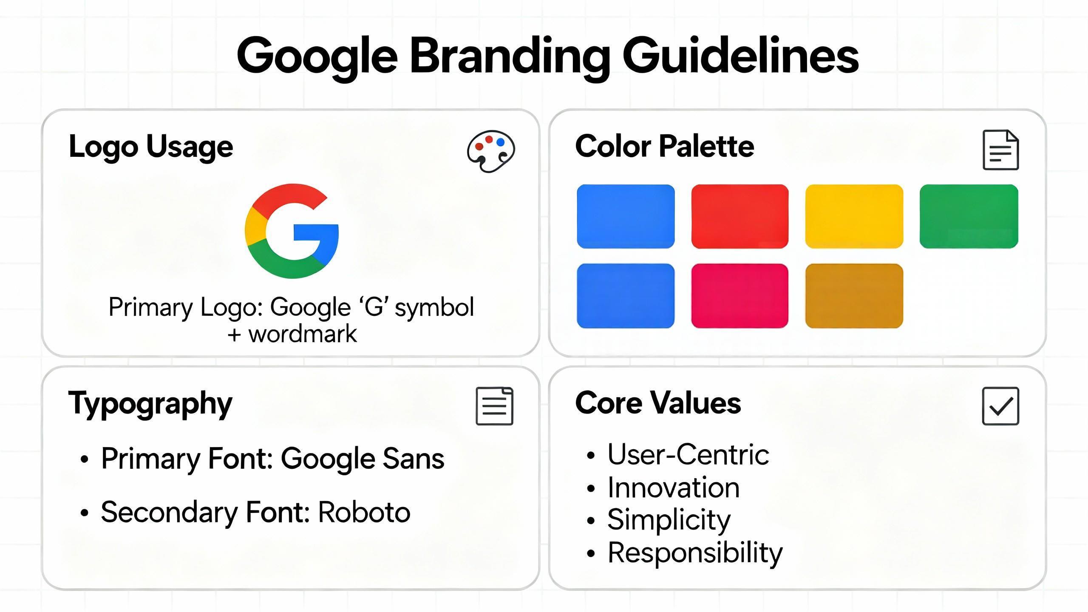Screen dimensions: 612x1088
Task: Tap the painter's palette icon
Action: (x=491, y=151)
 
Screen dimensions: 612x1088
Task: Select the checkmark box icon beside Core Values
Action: (x=1000, y=406)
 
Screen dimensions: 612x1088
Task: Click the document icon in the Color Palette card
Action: (x=1000, y=150)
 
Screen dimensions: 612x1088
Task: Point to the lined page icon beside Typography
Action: (x=494, y=406)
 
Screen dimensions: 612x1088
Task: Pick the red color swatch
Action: (x=739, y=216)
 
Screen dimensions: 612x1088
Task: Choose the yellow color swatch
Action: (x=854, y=216)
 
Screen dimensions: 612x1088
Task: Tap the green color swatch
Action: (x=969, y=216)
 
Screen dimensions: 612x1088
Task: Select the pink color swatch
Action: (x=739, y=296)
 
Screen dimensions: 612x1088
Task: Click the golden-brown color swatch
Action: (x=854, y=296)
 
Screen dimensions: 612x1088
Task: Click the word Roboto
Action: (x=364, y=512)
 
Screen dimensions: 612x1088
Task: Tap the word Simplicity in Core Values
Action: (x=669, y=520)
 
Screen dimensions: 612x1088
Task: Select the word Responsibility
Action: (x=695, y=553)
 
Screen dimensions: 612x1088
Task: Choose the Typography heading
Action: (x=150, y=403)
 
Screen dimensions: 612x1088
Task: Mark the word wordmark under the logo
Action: (x=303, y=334)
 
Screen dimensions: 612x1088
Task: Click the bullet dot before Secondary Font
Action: (x=85, y=513)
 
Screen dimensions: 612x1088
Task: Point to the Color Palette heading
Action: (x=665, y=146)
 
